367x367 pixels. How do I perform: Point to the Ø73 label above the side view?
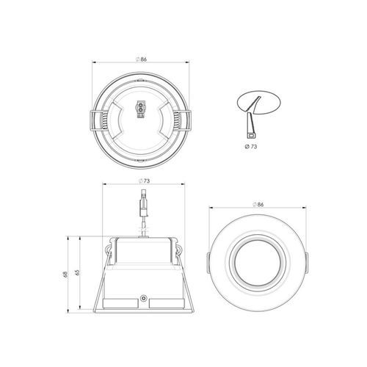pos(144,181)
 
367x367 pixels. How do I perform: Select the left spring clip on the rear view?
pos(93,120)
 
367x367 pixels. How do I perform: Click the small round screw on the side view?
pos(144,299)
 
